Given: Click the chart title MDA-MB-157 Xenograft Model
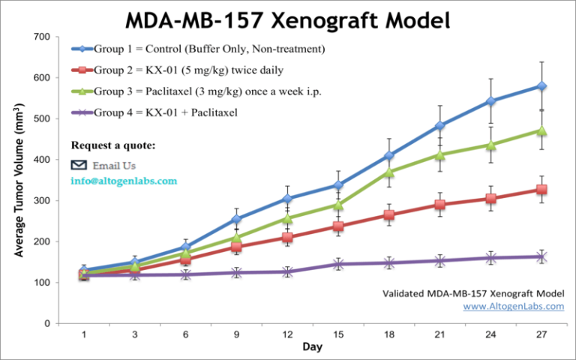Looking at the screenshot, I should [x=287, y=18].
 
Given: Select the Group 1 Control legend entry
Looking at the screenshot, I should [x=199, y=49].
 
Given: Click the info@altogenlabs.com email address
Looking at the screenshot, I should [x=124, y=181].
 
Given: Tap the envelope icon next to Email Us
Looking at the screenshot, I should [x=79, y=165].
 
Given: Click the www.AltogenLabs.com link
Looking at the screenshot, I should [x=513, y=306].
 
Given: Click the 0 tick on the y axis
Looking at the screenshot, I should [x=46, y=323].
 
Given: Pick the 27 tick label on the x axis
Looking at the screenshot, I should [x=541, y=334].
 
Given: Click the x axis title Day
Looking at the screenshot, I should [x=312, y=347].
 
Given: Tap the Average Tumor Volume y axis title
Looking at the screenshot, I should [x=20, y=180].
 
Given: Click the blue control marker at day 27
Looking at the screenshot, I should [x=541, y=86].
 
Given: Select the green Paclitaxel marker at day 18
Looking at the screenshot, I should [x=388, y=172].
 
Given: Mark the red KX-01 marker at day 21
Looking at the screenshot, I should [x=439, y=205].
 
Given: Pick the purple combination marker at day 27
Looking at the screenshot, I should [x=541, y=256].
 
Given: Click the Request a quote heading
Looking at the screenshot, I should [x=113, y=145].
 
